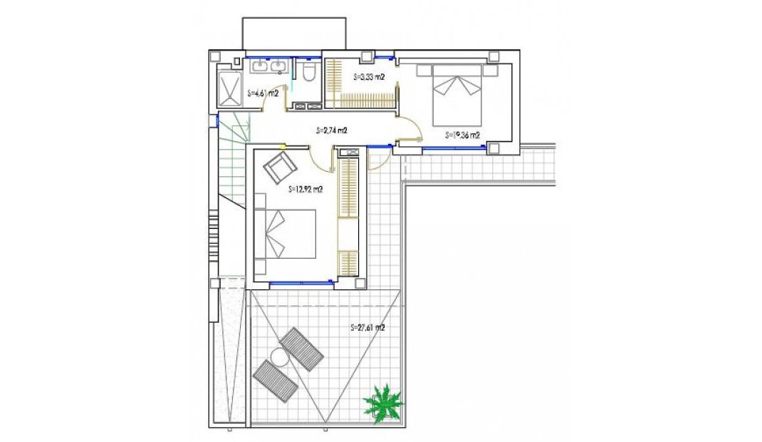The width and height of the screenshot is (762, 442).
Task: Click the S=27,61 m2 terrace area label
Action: pyautogui.click(x=368, y=328)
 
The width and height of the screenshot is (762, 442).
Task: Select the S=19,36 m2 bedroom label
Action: pyautogui.click(x=462, y=134)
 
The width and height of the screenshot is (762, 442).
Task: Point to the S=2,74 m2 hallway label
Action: pyautogui.click(x=331, y=130)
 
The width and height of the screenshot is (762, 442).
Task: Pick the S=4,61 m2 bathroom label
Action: pyautogui.click(x=261, y=93)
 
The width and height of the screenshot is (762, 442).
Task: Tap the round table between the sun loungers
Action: pyautogui.click(x=278, y=356)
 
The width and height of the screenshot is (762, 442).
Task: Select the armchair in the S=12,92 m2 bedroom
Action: pyautogui.click(x=279, y=168)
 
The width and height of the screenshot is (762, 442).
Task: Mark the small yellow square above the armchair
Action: pyautogui.click(x=283, y=147)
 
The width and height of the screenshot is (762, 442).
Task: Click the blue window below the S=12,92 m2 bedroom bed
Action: pyautogui.click(x=301, y=283)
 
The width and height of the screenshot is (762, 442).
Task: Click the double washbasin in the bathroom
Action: pyautogui.click(x=269, y=67)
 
